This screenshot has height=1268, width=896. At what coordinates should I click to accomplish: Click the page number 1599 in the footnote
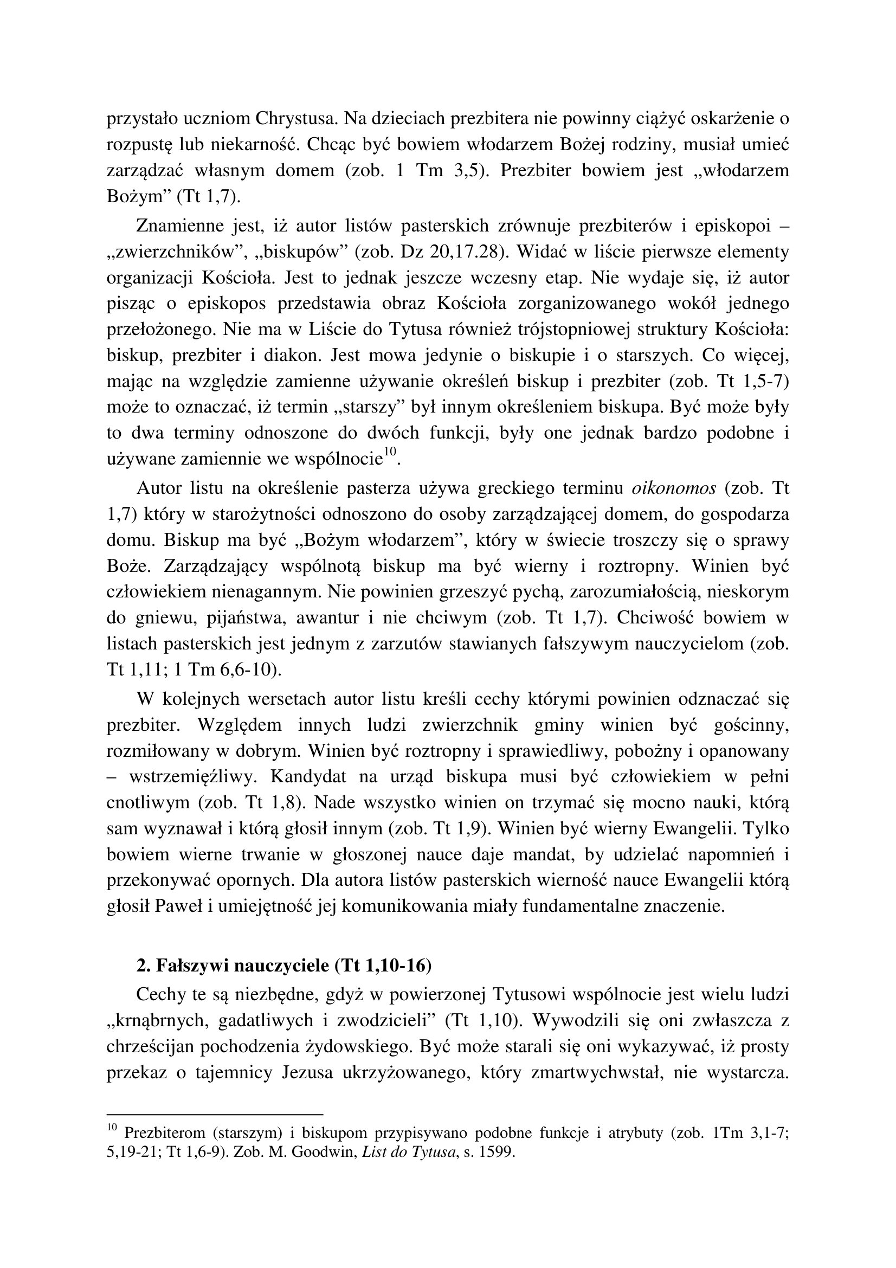click(x=495, y=1153)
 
